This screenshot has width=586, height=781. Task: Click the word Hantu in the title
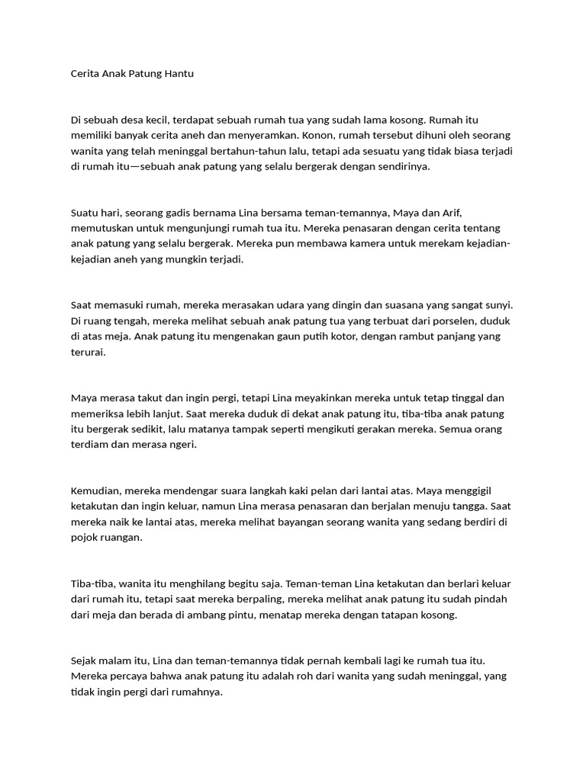tap(179, 74)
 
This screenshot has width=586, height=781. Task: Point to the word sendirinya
tap(404, 166)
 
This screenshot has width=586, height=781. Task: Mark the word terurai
tap(88, 352)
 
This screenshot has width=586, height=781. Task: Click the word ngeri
tap(183, 444)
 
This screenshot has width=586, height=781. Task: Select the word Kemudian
tap(96, 490)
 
